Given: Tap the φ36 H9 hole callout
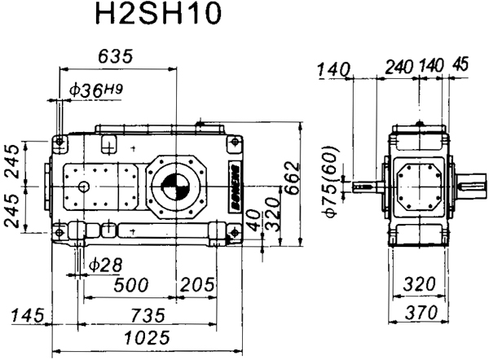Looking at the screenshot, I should [96, 91].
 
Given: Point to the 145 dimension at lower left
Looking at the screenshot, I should [25, 315].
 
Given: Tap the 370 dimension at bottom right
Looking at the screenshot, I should [421, 314].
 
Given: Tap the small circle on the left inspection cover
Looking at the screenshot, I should [83, 187].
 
